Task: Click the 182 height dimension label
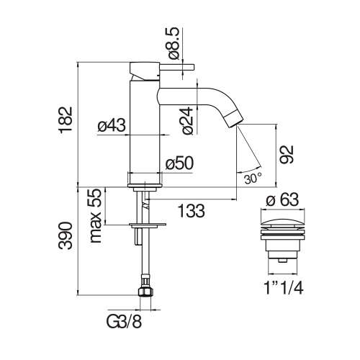tap(66, 120)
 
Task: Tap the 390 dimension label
tap(66, 236)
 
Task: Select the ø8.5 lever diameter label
tap(174, 43)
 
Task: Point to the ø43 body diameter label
tap(112, 125)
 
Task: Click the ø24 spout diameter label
tap(188, 120)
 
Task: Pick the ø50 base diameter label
tap(179, 163)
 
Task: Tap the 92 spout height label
tap(287, 155)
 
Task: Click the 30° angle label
tap(253, 179)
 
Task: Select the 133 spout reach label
tap(192, 211)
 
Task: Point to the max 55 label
tap(95, 216)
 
